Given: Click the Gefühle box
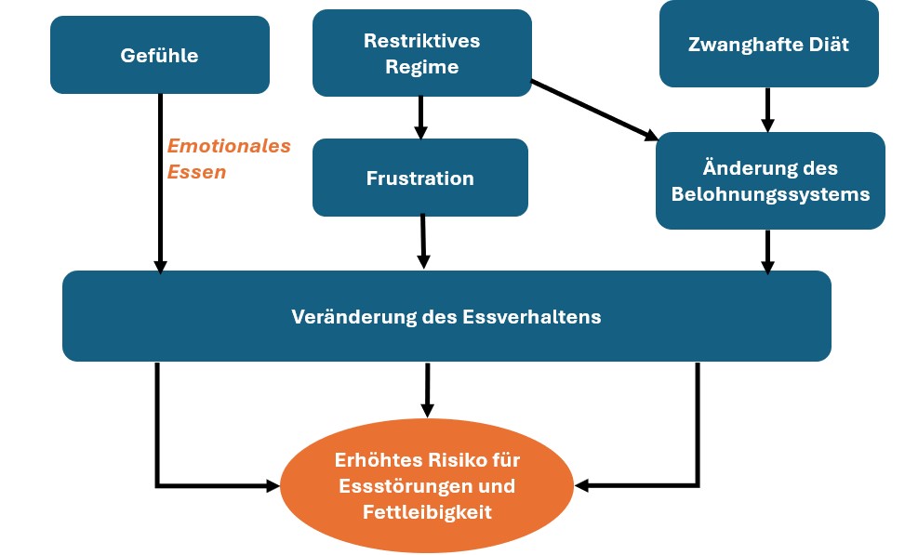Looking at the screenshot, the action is pos(160,55).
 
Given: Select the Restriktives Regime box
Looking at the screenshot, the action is pos(422,53).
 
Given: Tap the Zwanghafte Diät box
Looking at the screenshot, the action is pos(769,44).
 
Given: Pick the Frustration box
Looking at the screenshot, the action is pos(420,178).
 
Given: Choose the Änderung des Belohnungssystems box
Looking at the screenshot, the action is pos(770,180).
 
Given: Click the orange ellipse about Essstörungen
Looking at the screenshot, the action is pos(427,485).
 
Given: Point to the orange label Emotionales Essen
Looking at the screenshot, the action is pos(229,159).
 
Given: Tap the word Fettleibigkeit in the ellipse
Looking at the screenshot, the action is pos(427,511).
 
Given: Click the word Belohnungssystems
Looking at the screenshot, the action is pos(770,194).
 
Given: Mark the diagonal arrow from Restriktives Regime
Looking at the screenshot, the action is pos(594,111).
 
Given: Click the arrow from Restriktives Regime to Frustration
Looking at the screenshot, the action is pos(420,118).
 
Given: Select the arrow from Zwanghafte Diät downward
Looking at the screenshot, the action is pos(767,110).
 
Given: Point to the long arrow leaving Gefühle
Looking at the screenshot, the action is pos(161,183).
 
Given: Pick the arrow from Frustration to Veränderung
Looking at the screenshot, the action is pos(423,242).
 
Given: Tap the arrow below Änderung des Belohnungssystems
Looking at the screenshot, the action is pos(767,252).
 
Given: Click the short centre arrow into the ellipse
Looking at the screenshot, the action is pos(427,390).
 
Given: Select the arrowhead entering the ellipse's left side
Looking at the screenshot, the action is pos(273,486).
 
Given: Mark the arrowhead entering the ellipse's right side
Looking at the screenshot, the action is pos(582,486).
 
